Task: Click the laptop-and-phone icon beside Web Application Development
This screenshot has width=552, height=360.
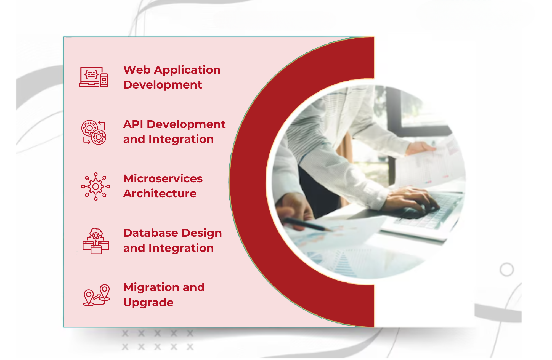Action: (x=94, y=77)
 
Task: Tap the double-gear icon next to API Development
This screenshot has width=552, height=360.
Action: (x=94, y=132)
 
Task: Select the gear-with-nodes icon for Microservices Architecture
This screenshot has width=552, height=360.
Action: (x=95, y=186)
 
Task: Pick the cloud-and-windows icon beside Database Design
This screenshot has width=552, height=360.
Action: (x=96, y=241)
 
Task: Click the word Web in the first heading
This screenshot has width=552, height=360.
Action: (x=137, y=70)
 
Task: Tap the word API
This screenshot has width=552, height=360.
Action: (x=133, y=124)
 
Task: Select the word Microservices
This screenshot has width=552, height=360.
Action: (x=163, y=178)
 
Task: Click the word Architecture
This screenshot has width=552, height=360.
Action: (x=160, y=193)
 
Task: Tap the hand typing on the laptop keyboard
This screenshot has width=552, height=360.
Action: (x=411, y=199)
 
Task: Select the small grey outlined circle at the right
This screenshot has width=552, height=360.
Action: (x=507, y=270)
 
